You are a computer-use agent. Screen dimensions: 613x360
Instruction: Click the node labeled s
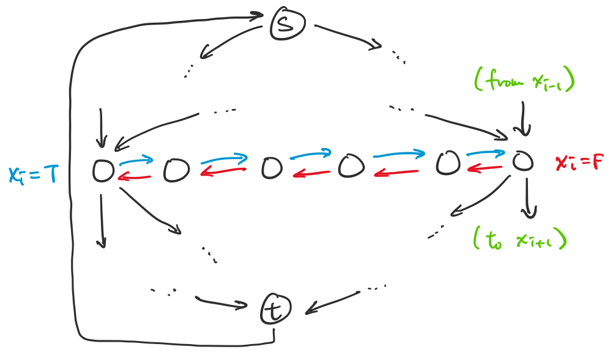(288, 24)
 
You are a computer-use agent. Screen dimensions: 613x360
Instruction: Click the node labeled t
(276, 309)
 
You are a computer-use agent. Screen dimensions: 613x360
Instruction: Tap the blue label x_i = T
(33, 174)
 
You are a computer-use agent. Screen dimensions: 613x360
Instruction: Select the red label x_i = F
(580, 162)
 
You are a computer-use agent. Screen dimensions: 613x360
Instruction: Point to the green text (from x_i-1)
(524, 80)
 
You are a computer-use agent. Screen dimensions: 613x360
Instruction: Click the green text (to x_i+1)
(520, 238)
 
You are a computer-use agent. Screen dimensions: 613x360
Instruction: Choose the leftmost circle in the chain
(103, 171)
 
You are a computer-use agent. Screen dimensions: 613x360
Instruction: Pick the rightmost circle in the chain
(522, 161)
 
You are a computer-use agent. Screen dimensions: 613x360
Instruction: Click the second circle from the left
(176, 170)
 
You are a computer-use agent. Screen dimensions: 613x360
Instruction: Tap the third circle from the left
(272, 168)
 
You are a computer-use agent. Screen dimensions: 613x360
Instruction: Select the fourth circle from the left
(351, 166)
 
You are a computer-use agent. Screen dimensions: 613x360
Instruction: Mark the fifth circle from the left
(448, 162)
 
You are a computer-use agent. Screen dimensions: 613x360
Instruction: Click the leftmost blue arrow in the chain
(136, 160)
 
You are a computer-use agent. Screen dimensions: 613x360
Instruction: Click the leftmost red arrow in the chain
(134, 178)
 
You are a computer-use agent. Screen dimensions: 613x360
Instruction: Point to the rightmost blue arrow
(486, 154)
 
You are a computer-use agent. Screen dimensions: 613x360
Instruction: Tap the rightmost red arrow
(485, 168)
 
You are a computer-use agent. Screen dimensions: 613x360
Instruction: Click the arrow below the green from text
(523, 119)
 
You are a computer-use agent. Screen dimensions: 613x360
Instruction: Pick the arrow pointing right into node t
(221, 302)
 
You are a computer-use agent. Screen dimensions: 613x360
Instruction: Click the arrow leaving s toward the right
(348, 37)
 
